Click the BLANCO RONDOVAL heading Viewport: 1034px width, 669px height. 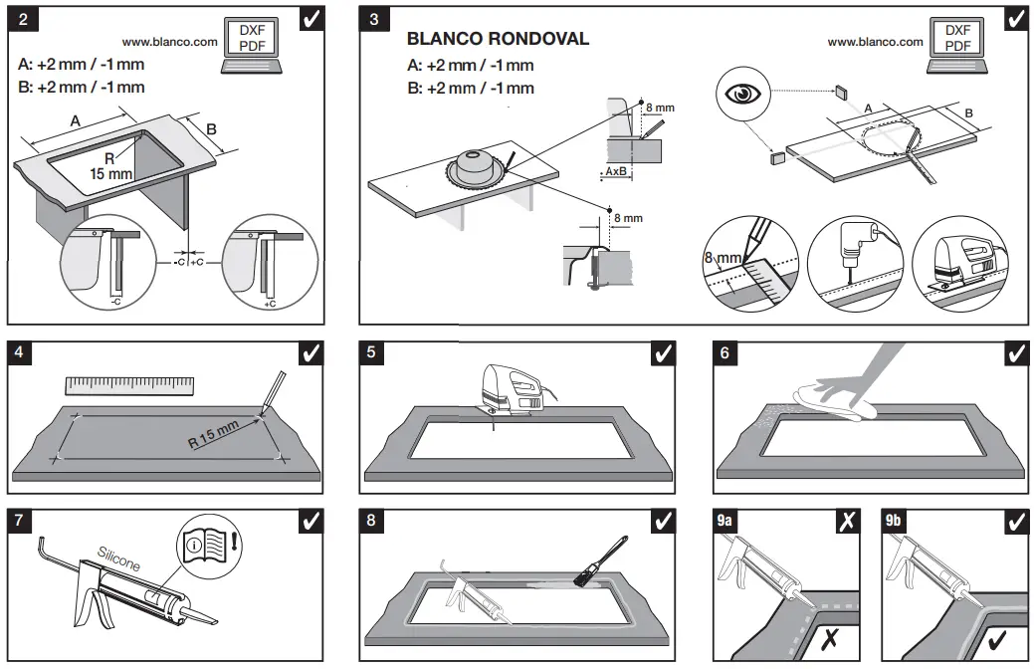[x=498, y=40]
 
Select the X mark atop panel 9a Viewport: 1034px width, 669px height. [x=847, y=521]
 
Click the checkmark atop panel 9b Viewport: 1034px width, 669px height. [x=1014, y=521]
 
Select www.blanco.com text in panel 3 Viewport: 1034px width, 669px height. [x=875, y=42]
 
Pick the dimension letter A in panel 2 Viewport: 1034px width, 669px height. [x=76, y=120]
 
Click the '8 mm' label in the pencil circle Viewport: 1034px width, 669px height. [x=724, y=259]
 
